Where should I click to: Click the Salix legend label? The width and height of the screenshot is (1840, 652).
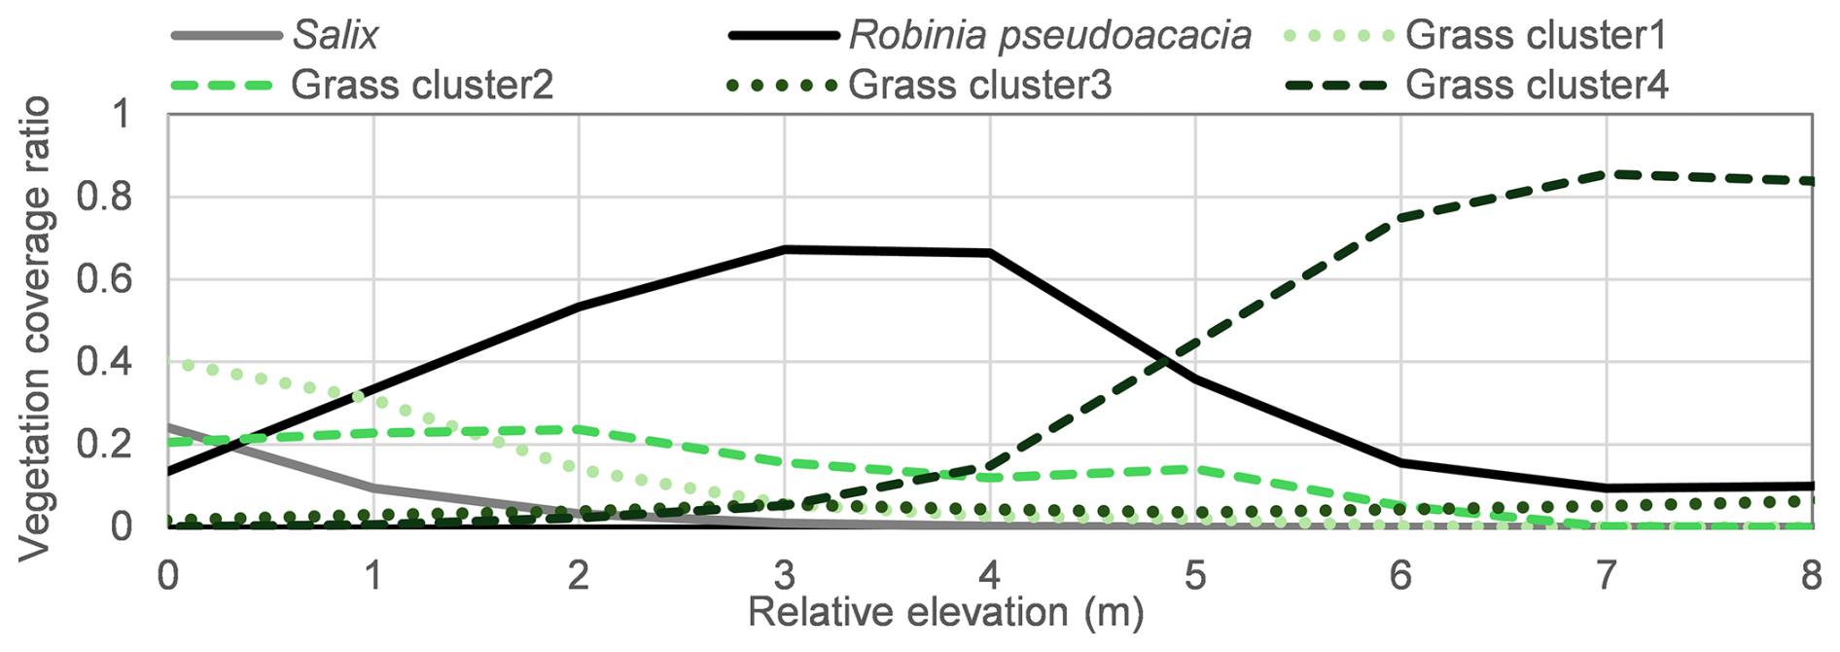point(336,35)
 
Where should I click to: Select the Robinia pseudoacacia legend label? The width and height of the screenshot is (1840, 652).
point(1050,35)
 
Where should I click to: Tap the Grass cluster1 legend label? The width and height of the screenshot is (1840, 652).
point(1536,35)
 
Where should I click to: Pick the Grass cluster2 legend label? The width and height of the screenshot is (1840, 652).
point(422,86)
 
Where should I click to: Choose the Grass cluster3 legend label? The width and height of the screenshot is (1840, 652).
point(979,86)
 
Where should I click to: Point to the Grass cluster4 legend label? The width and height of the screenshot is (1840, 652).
point(1537,86)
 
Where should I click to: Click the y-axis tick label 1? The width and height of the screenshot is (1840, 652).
point(121,115)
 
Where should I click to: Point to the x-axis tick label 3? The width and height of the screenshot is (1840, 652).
point(784,576)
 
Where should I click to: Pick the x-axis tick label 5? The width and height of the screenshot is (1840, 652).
point(1195,576)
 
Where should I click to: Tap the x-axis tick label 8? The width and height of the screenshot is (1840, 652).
point(1811,576)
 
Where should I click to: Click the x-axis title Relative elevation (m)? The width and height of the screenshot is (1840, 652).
point(945,613)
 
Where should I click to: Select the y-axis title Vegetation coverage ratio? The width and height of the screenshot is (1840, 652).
point(35,329)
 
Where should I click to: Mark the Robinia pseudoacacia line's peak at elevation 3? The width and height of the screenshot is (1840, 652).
point(785,250)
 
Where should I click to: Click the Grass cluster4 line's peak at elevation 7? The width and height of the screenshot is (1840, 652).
point(1607,174)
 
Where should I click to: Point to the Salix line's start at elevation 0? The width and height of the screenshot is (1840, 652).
point(169,426)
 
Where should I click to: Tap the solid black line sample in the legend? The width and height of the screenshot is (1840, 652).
point(783,36)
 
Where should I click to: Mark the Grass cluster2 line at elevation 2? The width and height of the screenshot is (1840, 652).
point(580,428)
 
